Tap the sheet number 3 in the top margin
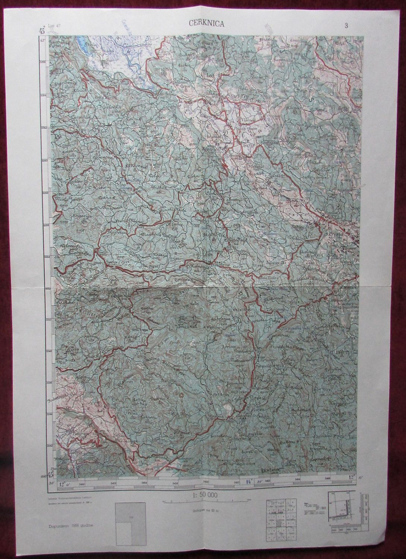click(x=346, y=26)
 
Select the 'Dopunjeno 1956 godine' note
click(x=71, y=525)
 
